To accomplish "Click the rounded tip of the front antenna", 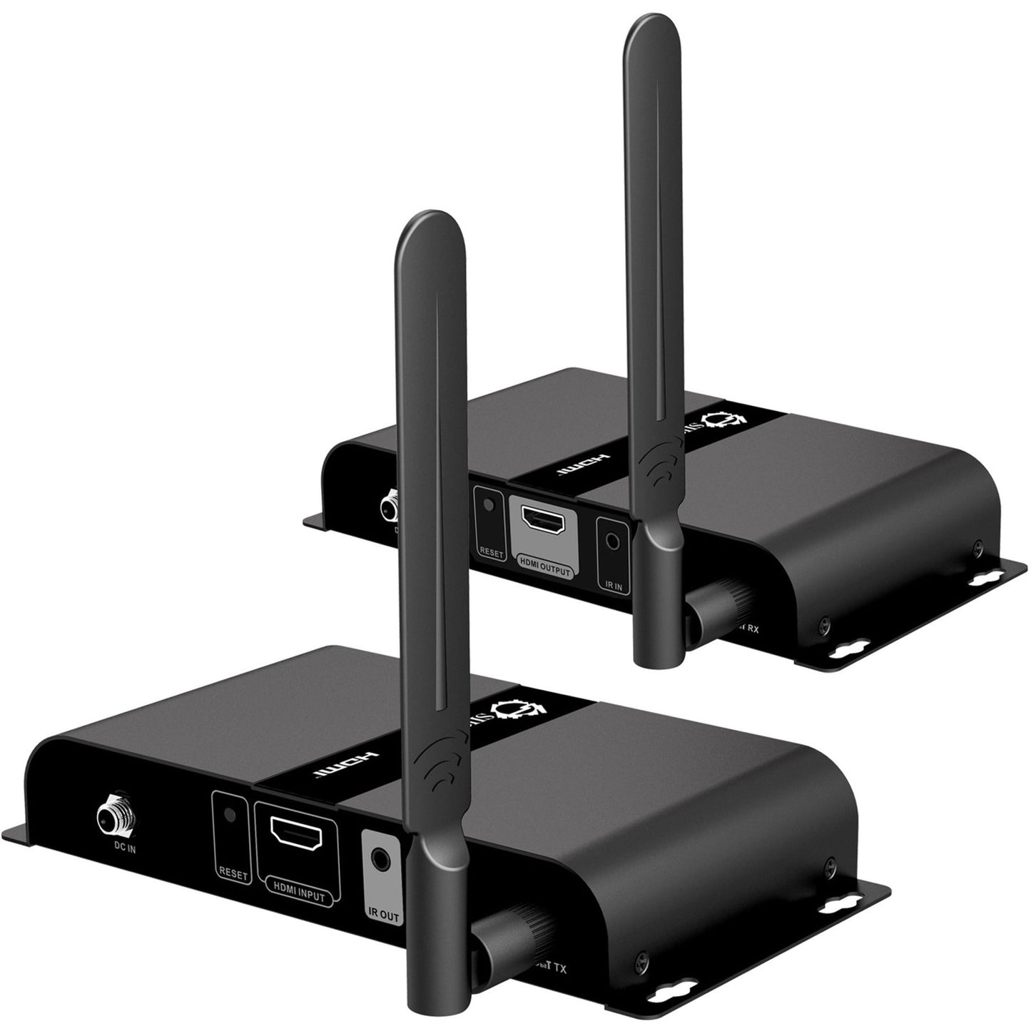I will [410, 226].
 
